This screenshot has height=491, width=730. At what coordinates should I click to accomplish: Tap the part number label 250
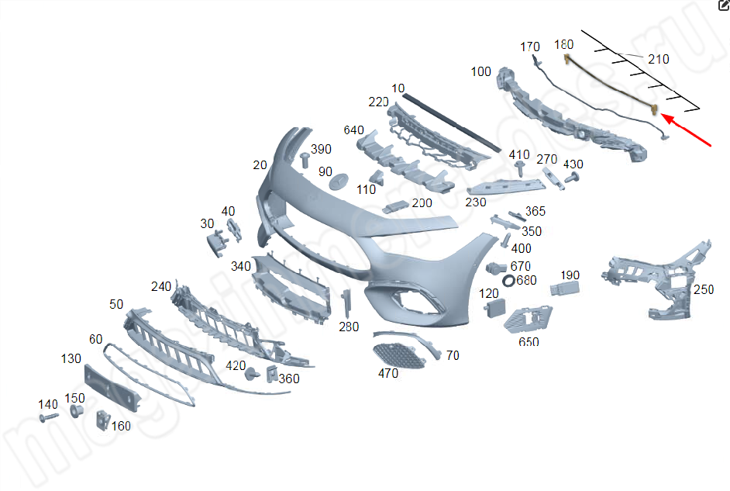703,289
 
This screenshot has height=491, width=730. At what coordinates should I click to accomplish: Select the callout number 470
387,373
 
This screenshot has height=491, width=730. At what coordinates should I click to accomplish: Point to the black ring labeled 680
508,280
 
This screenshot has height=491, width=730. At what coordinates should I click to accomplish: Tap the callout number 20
260,165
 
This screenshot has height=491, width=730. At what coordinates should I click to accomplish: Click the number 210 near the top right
658,59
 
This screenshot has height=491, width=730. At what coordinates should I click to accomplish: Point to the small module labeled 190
564,290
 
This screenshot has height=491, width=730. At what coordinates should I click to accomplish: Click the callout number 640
354,130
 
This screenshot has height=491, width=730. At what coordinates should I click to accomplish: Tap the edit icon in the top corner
723,6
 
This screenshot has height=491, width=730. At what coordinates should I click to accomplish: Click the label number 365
535,211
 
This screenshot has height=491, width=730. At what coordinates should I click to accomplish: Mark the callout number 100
480,71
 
